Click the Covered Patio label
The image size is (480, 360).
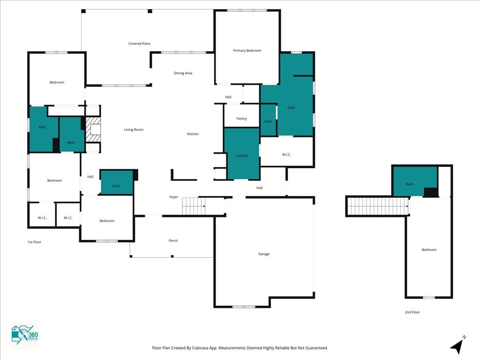click(139, 44)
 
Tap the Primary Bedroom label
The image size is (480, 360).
click(247, 51)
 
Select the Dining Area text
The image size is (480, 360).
click(183, 73)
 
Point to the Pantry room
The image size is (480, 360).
click(241, 116)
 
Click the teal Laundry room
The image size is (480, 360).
click(242, 154)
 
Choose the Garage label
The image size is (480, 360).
click(264, 254)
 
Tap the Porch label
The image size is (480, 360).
click(173, 240)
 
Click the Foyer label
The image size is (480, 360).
click(173, 197)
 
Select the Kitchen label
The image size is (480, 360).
click(193, 134)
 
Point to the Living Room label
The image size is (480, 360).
click(134, 129)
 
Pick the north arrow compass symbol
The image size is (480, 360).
click(457, 345)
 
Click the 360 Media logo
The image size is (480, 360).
click(25, 335)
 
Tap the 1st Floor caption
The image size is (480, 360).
click(35, 242)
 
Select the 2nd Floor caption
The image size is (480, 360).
click(412, 312)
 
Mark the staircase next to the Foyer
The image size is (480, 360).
click(194, 206)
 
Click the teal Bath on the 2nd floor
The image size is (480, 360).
click(415, 181)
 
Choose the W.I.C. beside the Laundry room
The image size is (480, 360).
click(286, 151)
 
